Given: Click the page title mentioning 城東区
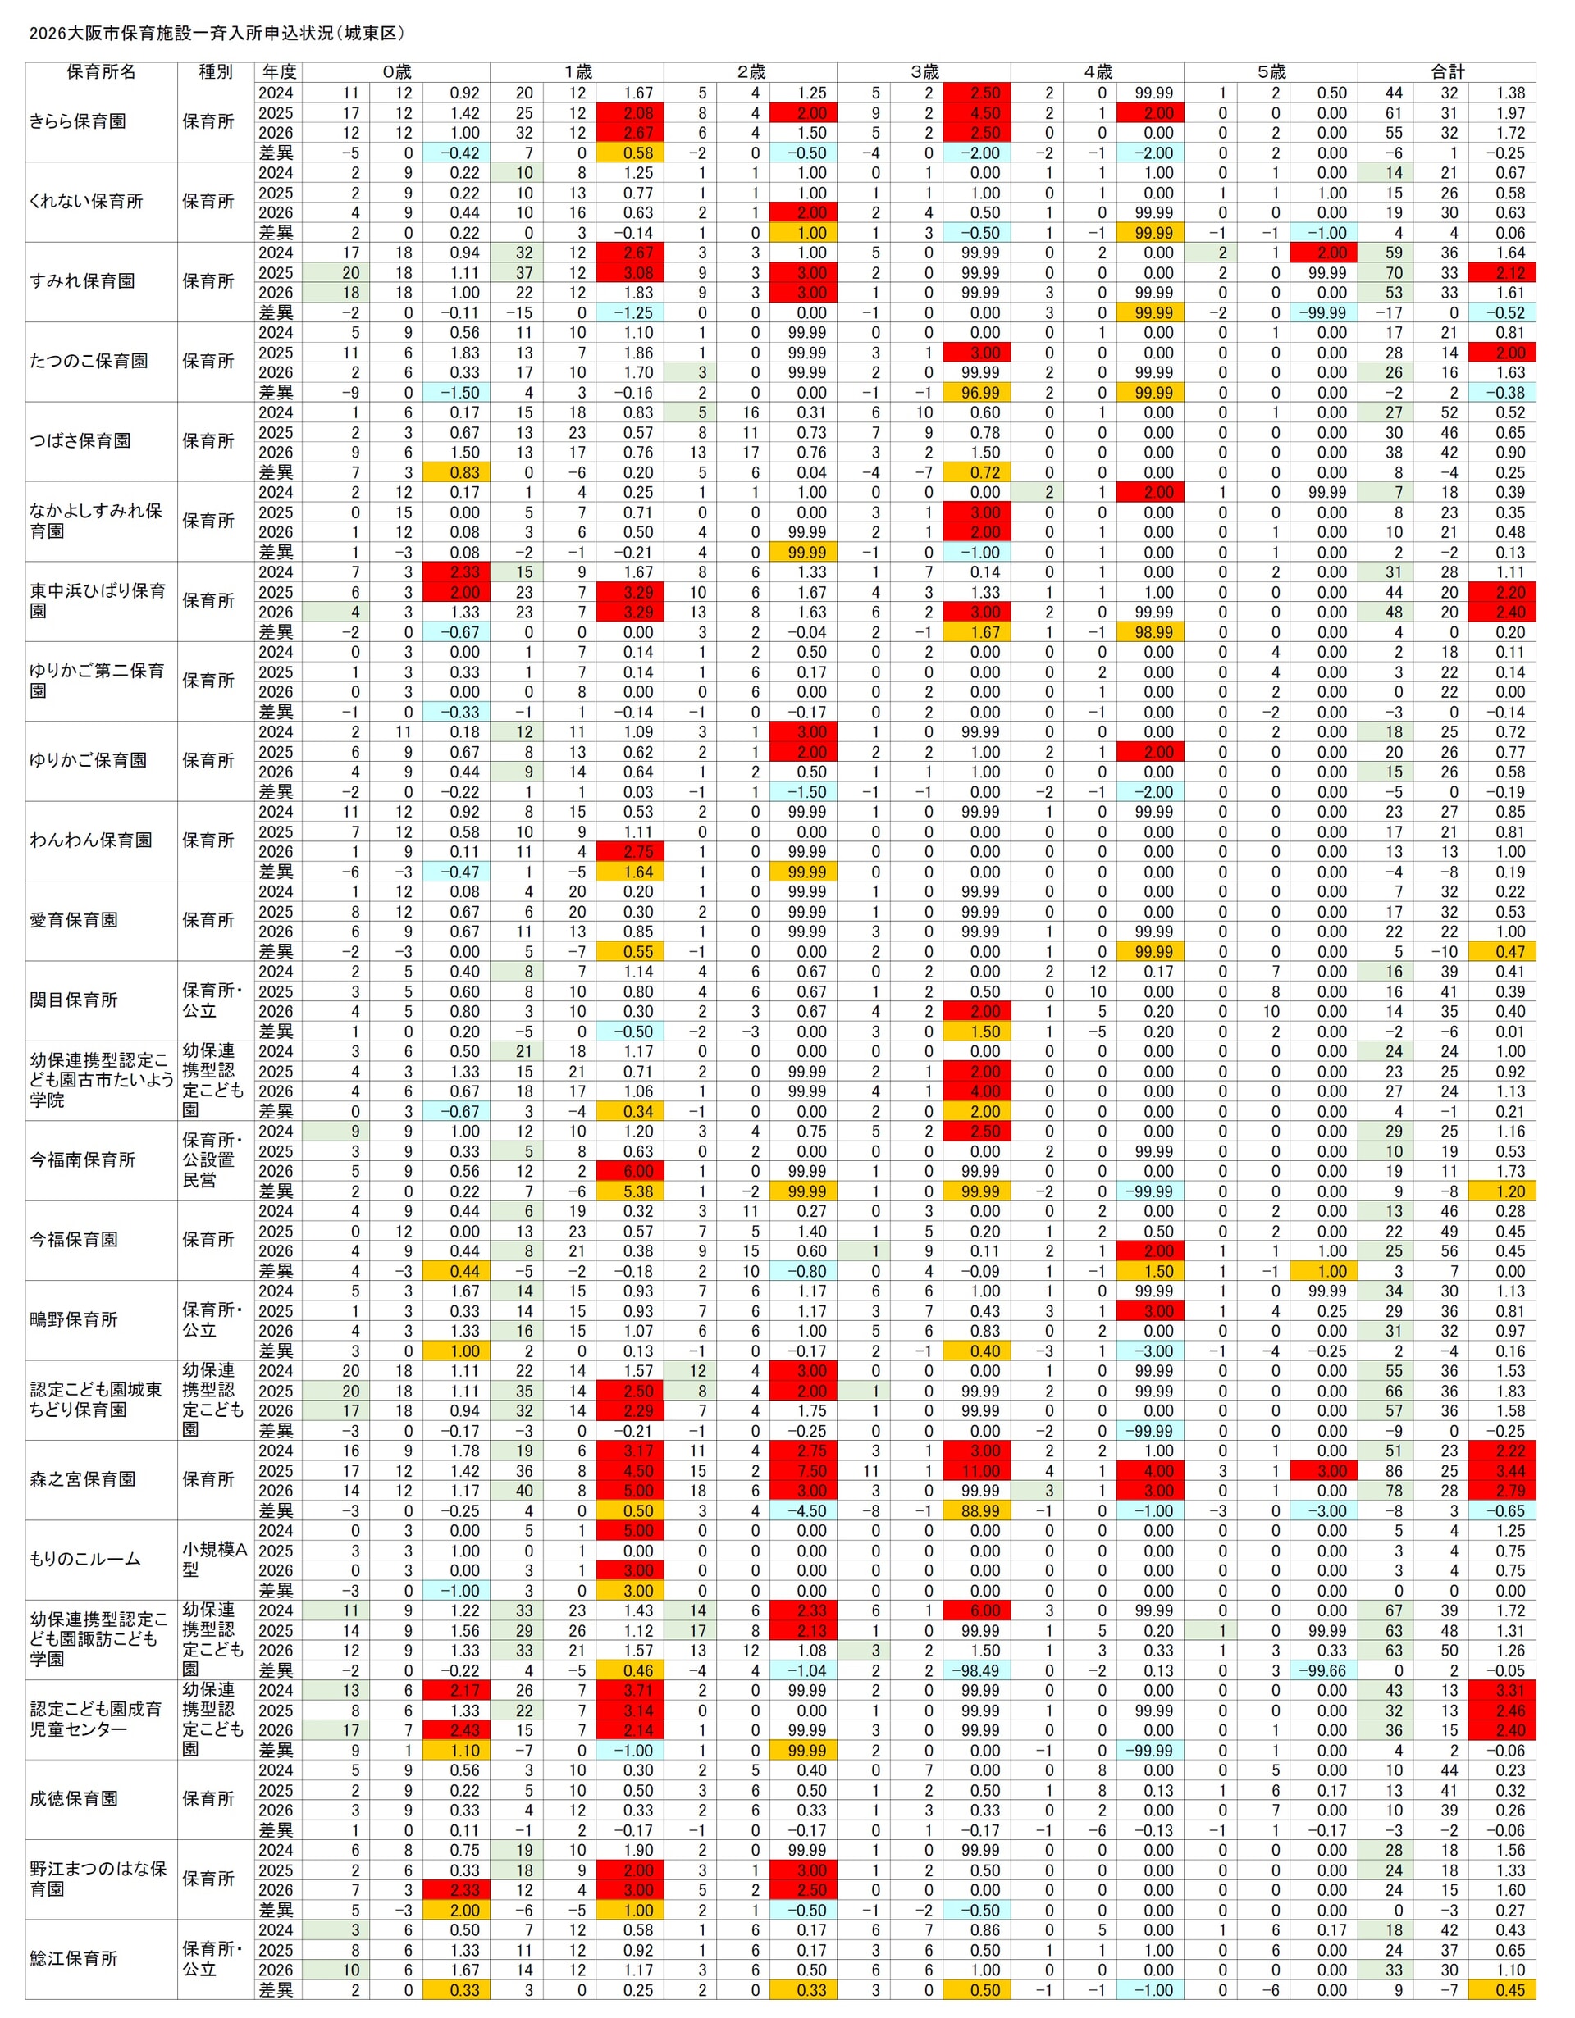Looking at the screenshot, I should point(217,34).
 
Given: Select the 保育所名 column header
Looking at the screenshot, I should point(101,72).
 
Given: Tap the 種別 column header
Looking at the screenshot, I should point(216,72).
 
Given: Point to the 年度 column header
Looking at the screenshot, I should point(278,72).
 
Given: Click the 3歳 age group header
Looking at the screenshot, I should point(924,72).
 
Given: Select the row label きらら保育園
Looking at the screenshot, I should point(78,122).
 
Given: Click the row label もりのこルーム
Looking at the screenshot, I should point(85,1560).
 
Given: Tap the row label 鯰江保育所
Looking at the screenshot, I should point(74,1959).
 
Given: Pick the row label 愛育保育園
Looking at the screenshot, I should point(74,920).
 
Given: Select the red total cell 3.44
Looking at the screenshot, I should point(1503,1471).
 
